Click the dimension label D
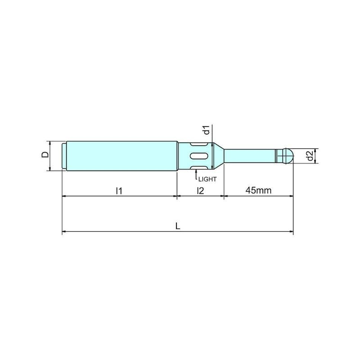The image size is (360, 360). click(45, 154)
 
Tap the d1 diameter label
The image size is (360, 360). click(207, 130)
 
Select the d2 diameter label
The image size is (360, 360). click(310, 156)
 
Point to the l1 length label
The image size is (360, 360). click(119, 190)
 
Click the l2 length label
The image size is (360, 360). click(200, 190)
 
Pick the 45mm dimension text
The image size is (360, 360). click(258, 190)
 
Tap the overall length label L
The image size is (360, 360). click(178, 226)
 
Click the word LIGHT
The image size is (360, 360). click(207, 179)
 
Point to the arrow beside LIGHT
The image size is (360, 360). click(196, 174)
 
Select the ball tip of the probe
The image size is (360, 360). click(288, 156)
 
